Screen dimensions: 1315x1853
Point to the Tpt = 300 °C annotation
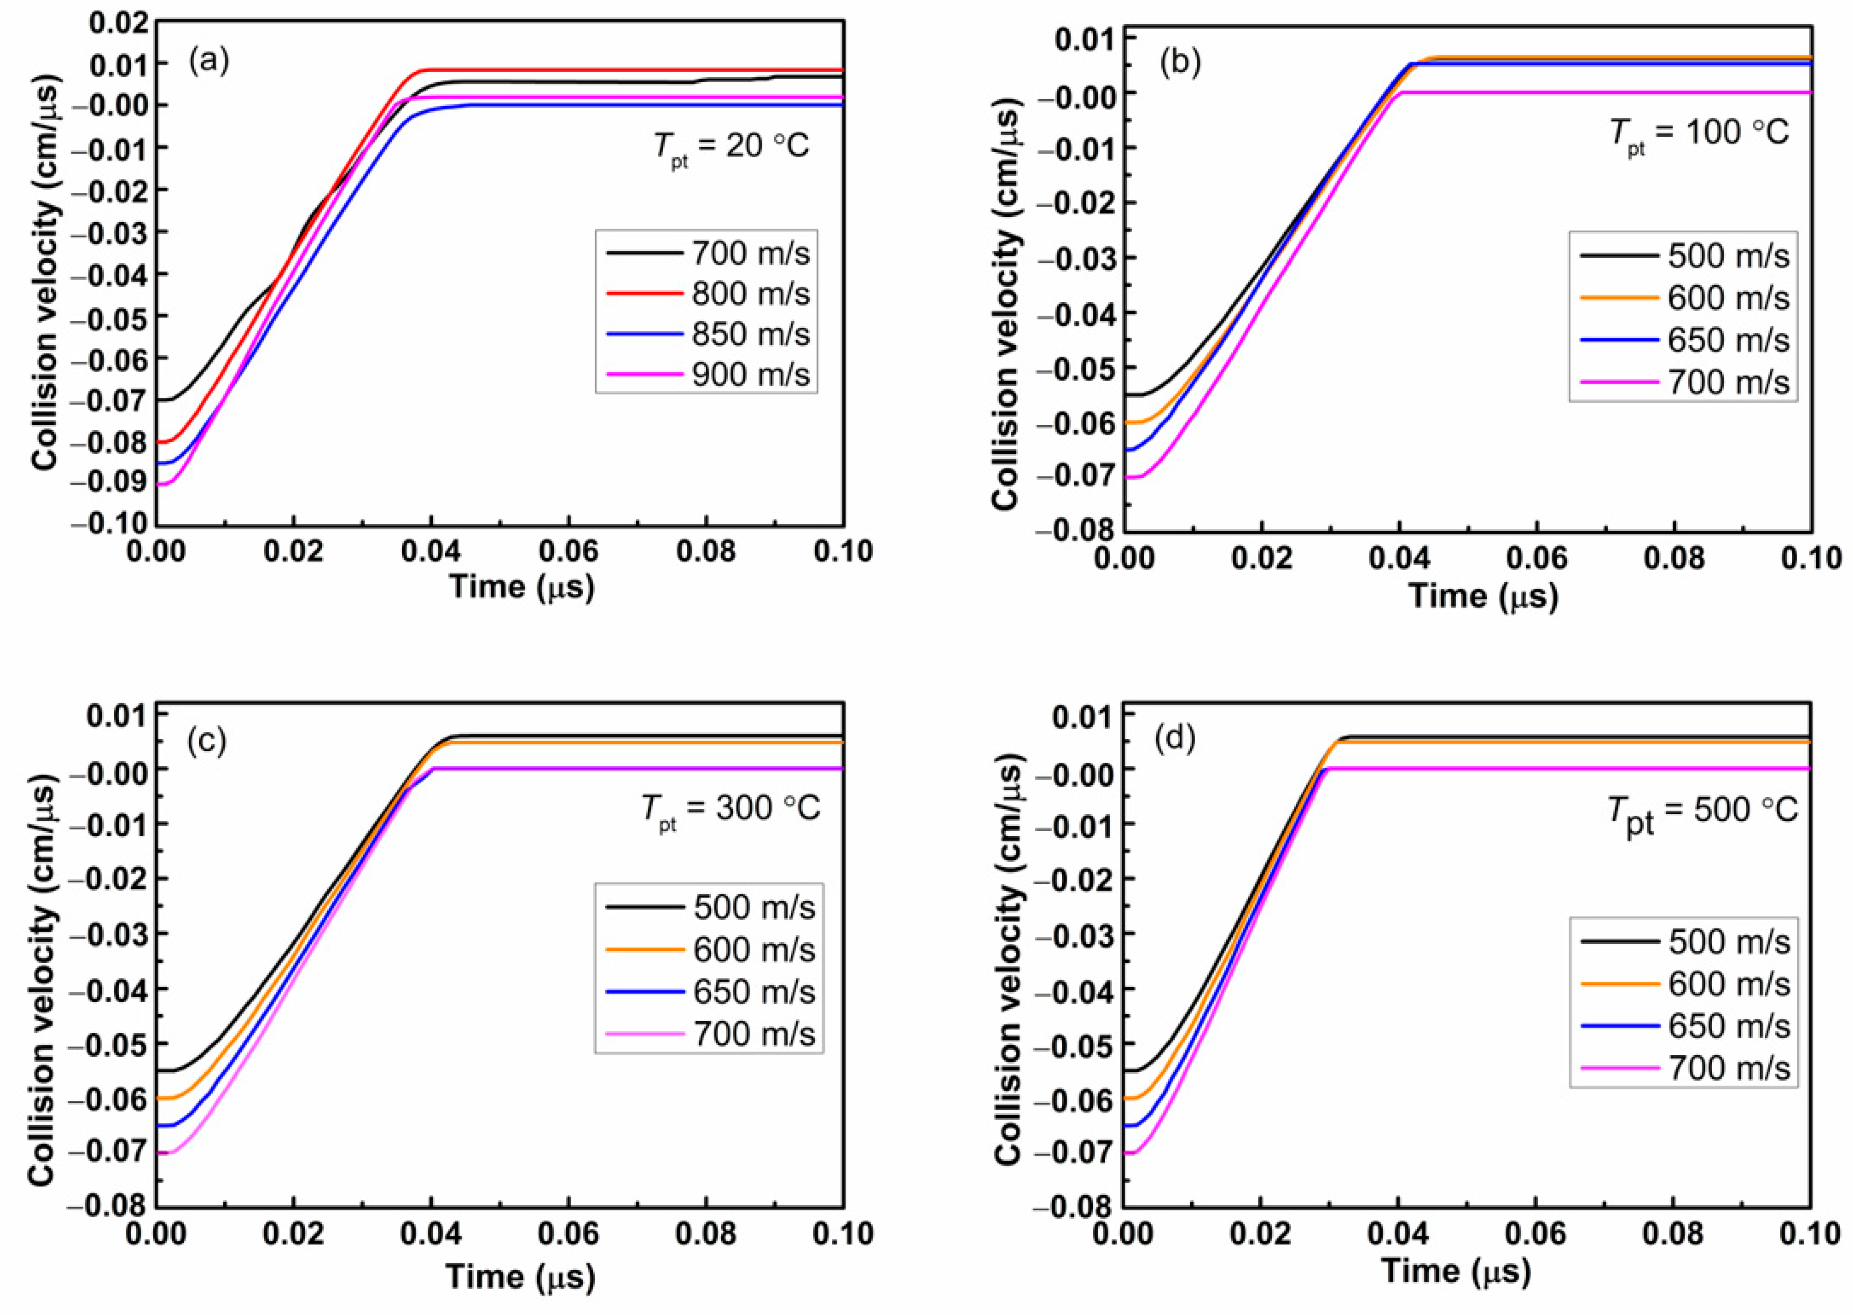(731, 809)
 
